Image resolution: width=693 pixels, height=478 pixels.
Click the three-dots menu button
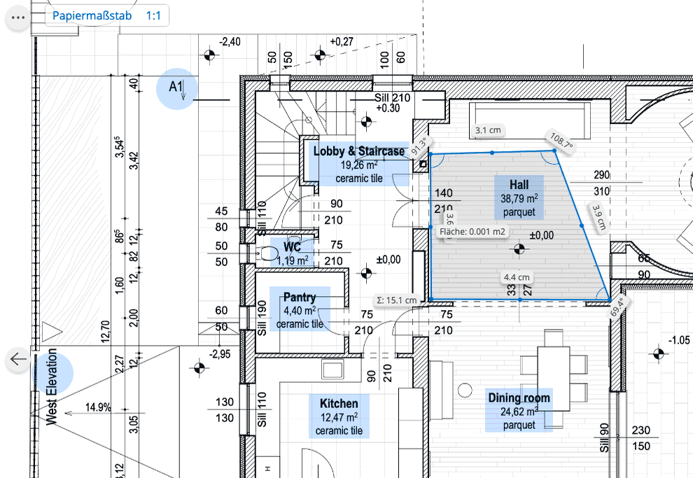[x=18, y=17]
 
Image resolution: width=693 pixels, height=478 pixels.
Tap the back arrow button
[x=18, y=359]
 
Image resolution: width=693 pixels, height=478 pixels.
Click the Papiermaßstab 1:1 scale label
[x=106, y=16]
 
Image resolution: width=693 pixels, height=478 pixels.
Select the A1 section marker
[x=177, y=88]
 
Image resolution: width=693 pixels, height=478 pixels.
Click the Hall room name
[x=519, y=185]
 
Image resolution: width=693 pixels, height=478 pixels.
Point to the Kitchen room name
[x=339, y=403]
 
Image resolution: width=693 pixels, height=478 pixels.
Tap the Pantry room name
[x=300, y=297]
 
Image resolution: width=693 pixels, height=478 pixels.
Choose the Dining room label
[x=519, y=398]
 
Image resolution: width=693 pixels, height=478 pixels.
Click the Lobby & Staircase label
[x=359, y=151]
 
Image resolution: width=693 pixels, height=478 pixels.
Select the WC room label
[x=292, y=246]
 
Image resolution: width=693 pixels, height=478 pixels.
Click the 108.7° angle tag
[x=561, y=141]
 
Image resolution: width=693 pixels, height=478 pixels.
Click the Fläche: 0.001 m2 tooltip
[x=472, y=232]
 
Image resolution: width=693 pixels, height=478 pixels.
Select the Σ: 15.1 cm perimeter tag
[x=396, y=300]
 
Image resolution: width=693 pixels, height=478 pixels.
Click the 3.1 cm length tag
[x=488, y=130]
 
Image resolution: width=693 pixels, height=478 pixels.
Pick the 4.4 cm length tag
[x=517, y=277]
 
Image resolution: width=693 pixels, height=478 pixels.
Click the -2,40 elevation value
[x=230, y=42]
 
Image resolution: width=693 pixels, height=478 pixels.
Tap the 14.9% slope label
[x=98, y=407]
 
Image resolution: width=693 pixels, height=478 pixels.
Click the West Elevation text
[x=52, y=387]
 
